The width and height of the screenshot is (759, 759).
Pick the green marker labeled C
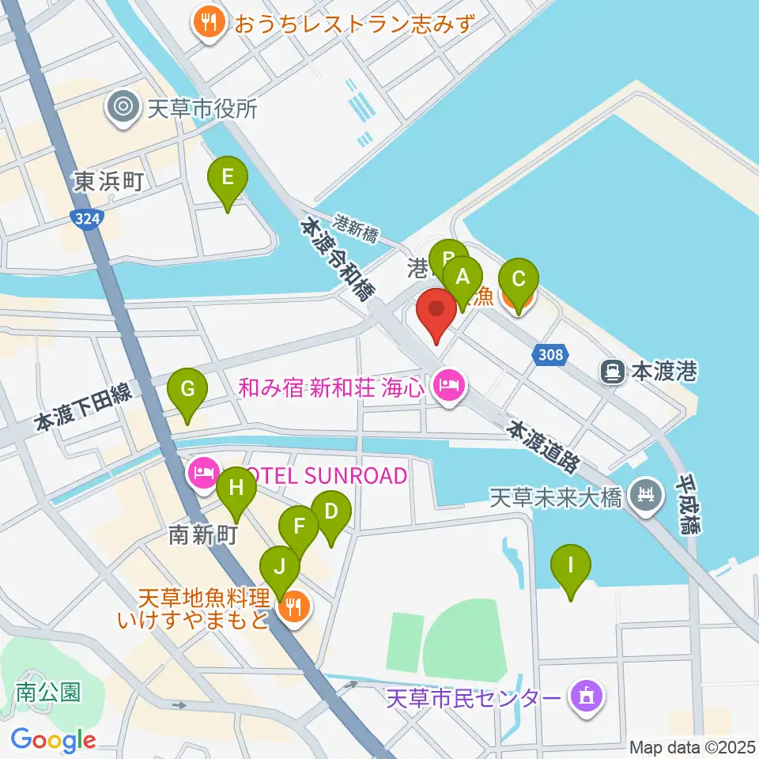519,281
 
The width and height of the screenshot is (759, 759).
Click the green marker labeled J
281,568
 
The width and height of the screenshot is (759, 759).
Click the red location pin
437,310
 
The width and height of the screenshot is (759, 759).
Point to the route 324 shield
89,219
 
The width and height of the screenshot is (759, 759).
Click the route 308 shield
550,354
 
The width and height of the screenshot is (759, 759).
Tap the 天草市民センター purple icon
586,697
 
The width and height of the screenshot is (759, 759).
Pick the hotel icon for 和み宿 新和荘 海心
447,387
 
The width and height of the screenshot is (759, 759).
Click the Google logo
54,740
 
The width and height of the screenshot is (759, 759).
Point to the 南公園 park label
48,693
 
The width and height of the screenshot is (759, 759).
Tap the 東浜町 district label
110,182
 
